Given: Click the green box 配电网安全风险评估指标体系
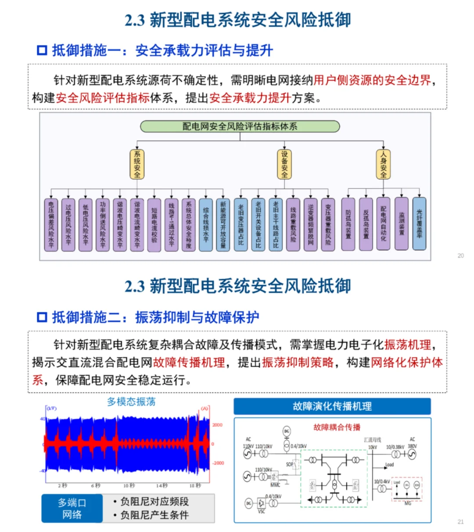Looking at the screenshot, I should click(240, 126).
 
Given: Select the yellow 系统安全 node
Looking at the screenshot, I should click(137, 164).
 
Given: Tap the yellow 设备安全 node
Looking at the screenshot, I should click(284, 164).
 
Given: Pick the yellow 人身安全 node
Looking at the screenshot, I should click(383, 164).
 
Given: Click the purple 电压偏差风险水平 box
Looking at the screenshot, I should click(51, 225).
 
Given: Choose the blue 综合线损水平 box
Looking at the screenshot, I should click(206, 225).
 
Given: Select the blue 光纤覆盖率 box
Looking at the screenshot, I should click(419, 224).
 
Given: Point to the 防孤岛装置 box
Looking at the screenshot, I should click(348, 224).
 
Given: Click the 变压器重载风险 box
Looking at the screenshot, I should click(328, 225).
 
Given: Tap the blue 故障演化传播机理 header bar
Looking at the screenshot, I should click(332, 406).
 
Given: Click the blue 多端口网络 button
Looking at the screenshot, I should click(72, 508).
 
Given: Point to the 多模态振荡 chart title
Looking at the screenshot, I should click(131, 402).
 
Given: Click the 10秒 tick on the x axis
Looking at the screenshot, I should click(129, 485).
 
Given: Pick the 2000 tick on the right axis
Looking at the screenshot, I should click(218, 425).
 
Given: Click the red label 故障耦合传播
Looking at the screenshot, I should click(337, 427).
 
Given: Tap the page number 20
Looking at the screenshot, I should click(460, 255).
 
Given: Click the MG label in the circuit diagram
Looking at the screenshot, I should click(408, 503).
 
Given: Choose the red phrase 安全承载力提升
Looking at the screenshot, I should click(250, 97).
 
